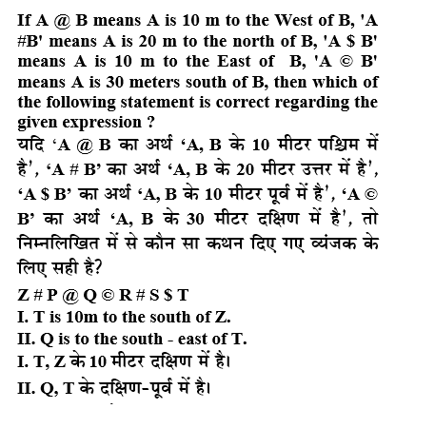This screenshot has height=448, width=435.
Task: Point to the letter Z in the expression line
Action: point(23,294)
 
